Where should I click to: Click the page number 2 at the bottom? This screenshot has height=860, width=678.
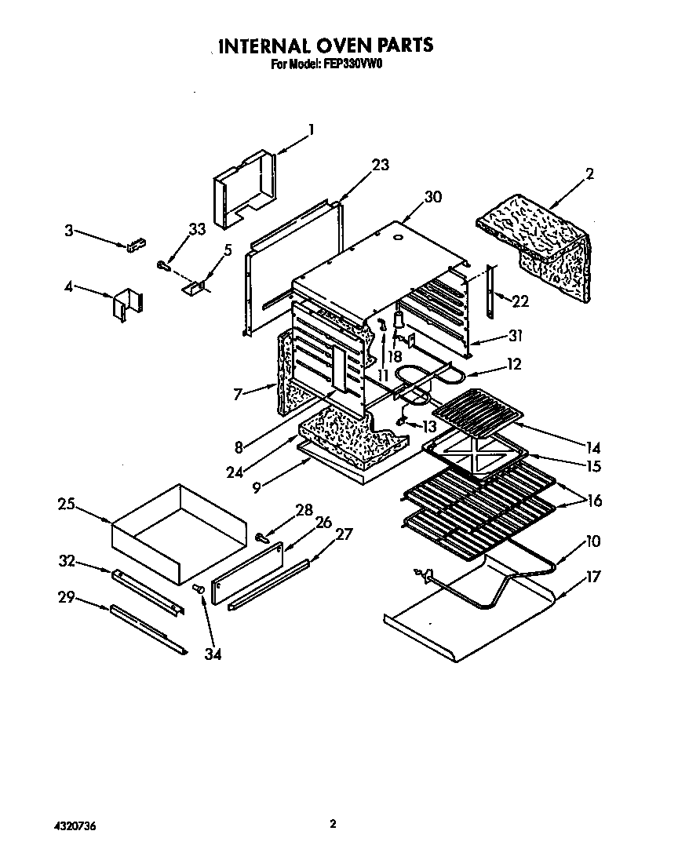[334, 824]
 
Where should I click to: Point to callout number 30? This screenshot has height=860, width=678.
[432, 198]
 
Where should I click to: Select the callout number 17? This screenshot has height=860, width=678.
[592, 577]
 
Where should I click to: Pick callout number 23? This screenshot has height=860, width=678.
[380, 165]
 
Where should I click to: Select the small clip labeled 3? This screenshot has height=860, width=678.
[136, 245]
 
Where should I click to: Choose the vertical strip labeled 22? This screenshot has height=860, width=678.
[491, 292]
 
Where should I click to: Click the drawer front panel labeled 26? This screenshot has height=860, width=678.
[247, 570]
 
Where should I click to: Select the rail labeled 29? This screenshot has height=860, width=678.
[149, 628]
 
